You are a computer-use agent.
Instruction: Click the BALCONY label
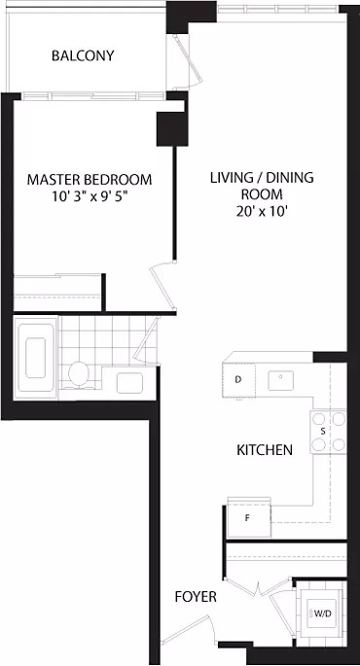pos(83,55)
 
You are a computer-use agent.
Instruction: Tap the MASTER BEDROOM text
pos(90,179)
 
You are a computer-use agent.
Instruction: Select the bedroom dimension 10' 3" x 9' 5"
pos(90,196)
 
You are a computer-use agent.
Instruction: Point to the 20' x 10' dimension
pos(262,212)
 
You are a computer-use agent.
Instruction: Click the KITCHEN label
pos(265,450)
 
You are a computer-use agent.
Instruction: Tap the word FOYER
pos(196,597)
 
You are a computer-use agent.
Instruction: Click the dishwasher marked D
pos(239,380)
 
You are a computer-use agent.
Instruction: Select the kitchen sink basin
pos(280,380)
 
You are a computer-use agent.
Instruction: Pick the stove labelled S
pos(328,432)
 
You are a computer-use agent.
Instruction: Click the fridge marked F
pos(249,518)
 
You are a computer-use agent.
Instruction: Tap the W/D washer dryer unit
pos(320,613)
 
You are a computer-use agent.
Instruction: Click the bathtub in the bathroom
pos(35,358)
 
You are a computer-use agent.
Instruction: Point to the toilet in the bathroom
pos(78,373)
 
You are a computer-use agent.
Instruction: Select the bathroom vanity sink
pos(129,382)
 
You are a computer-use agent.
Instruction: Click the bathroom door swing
pos(147,340)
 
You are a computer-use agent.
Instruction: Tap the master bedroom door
pos(164,286)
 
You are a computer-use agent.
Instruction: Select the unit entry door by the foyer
pos(188,629)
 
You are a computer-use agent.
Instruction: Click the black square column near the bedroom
pos(172,129)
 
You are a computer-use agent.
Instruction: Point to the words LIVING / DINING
pos(262,178)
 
